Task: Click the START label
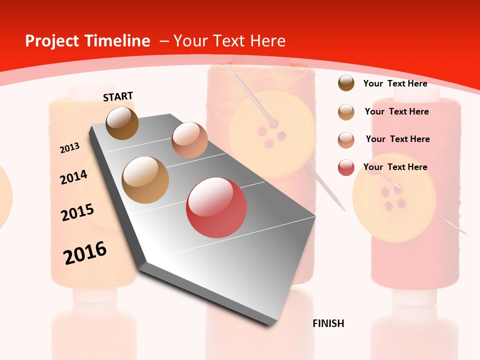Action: point(118,96)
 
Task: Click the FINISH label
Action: point(328,323)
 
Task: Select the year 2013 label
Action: point(69,148)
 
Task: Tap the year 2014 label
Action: point(73,177)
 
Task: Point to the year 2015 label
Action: point(77,212)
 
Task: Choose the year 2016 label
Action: point(85,253)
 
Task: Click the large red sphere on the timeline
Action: point(216,207)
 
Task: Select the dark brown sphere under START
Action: point(122,123)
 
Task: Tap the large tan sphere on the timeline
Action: point(145,179)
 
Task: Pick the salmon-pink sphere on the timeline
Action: point(189,140)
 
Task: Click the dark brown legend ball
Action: point(346,83)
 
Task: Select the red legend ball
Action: point(346,167)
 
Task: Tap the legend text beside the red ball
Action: point(395,167)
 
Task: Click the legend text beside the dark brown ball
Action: point(395,83)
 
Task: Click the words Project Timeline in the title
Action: point(87,41)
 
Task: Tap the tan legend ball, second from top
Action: point(346,112)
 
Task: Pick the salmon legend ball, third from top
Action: point(346,140)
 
